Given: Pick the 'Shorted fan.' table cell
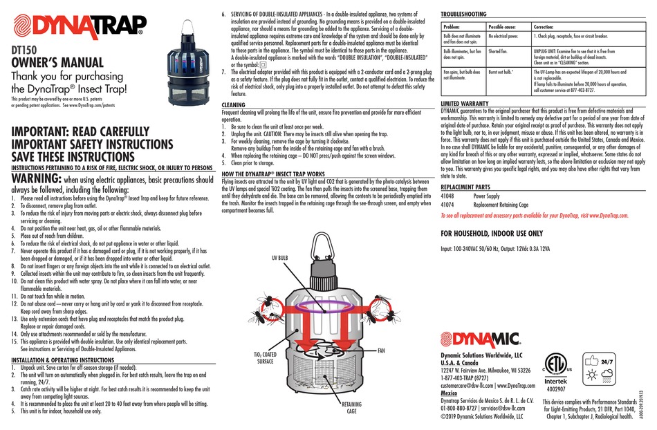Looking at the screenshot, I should tap(502, 51).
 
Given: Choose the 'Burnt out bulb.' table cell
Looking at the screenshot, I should tap(503, 71).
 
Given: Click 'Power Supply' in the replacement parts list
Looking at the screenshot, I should tap(486, 196).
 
